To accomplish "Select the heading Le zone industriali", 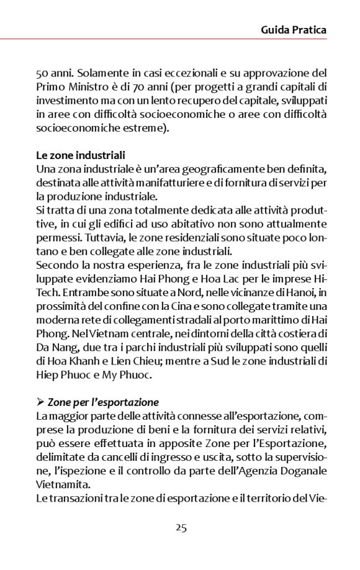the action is [81, 155].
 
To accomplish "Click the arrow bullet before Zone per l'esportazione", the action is [40, 402].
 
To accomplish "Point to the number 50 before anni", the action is [42, 73].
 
